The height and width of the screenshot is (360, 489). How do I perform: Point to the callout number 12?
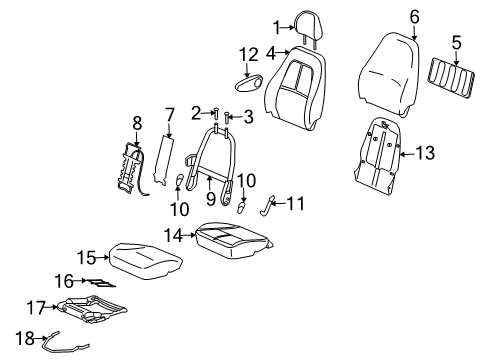click(248, 52)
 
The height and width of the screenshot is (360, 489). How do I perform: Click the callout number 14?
click(172, 236)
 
